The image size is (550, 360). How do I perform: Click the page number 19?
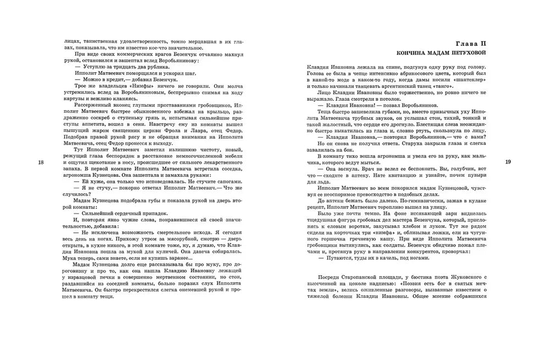click(508, 162)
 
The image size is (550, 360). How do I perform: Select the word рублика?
click(136, 61)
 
